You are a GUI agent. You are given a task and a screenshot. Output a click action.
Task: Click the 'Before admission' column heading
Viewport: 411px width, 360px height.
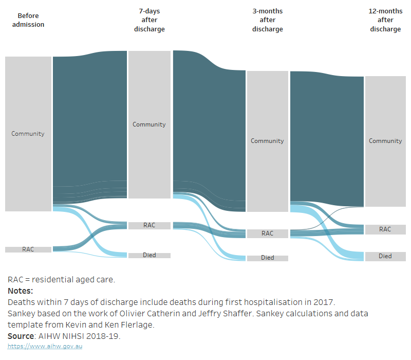(x=28, y=20)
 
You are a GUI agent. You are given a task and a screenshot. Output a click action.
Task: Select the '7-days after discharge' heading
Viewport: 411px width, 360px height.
(x=149, y=20)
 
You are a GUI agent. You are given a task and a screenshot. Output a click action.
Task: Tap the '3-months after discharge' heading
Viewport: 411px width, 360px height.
(x=267, y=20)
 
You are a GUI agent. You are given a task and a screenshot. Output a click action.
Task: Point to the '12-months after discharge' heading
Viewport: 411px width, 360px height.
(x=385, y=20)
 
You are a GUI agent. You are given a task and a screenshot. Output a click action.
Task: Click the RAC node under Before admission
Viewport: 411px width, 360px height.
(x=28, y=249)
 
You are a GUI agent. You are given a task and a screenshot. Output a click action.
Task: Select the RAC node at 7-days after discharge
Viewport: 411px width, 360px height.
(x=149, y=225)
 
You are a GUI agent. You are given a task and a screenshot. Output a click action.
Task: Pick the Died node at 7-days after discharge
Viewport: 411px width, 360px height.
(x=149, y=255)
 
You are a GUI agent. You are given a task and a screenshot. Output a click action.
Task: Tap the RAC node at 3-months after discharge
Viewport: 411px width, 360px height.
(x=267, y=233)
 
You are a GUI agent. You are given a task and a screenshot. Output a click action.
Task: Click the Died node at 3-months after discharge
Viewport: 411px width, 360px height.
(x=267, y=258)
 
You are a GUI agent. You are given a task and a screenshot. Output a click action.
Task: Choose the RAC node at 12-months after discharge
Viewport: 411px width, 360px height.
(x=385, y=229)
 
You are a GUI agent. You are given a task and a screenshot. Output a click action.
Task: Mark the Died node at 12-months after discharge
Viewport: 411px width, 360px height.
(x=385, y=256)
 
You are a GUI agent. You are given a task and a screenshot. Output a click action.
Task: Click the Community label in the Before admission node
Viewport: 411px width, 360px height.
(x=28, y=134)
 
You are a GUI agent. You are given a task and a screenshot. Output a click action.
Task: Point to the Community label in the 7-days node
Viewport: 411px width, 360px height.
(x=149, y=124)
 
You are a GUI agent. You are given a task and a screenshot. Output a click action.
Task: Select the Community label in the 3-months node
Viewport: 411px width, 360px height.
(x=267, y=141)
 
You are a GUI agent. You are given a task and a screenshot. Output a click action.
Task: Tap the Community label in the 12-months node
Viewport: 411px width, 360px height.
(x=385, y=141)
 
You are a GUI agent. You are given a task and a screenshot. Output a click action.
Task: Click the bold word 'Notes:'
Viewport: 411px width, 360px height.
(x=20, y=291)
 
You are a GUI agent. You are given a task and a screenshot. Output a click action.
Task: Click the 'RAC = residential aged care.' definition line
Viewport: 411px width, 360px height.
(x=61, y=280)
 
